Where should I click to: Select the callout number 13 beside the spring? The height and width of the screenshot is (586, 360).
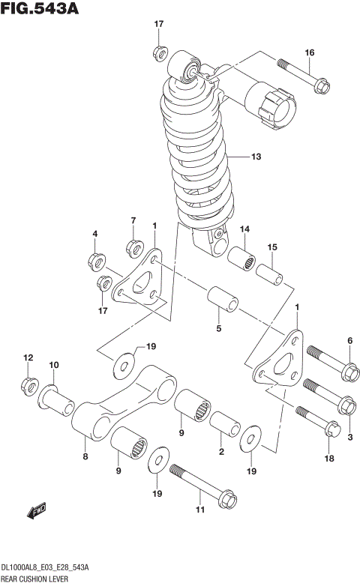click(256, 157)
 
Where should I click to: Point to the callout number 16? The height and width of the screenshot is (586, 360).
click(309, 52)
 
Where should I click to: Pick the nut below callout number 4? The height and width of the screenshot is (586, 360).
click(95, 262)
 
